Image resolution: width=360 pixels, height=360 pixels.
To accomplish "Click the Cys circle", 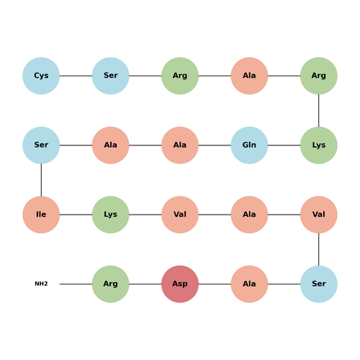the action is click(x=41, y=76).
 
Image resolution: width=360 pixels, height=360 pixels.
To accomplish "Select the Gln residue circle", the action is click(x=249, y=145).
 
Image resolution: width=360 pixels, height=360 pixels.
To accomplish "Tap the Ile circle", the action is click(x=41, y=215).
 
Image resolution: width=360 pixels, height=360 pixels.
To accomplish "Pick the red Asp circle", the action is click(x=180, y=284).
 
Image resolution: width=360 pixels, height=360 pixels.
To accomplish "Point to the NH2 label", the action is click(x=41, y=284).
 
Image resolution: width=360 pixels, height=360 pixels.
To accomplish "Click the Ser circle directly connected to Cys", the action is click(x=111, y=76).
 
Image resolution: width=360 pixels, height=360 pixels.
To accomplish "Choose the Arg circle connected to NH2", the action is click(x=111, y=284).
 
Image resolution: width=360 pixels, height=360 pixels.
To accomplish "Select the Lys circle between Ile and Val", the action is click(x=111, y=215).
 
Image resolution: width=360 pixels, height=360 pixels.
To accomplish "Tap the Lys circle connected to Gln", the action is click(x=319, y=145).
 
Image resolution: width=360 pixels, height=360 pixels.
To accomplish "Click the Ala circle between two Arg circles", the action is click(x=249, y=76).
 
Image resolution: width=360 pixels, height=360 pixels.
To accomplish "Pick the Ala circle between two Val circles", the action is click(x=249, y=215).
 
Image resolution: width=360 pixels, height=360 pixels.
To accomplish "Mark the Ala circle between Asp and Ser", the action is click(x=249, y=284).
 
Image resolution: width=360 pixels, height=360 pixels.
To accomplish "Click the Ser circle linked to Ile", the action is click(x=41, y=145).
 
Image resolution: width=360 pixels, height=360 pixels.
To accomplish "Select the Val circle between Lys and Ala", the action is click(x=180, y=215).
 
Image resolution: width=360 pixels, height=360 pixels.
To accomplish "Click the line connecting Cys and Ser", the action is click(x=76, y=76).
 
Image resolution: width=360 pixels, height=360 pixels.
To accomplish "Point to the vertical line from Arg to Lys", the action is click(x=319, y=110).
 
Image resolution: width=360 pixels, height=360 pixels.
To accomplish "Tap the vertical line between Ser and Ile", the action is click(x=41, y=180).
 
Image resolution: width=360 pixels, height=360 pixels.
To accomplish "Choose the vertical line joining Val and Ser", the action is click(x=319, y=249).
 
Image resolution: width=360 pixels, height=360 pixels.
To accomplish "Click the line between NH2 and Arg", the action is click(x=76, y=284).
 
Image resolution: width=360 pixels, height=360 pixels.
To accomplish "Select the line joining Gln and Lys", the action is click(x=284, y=145).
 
